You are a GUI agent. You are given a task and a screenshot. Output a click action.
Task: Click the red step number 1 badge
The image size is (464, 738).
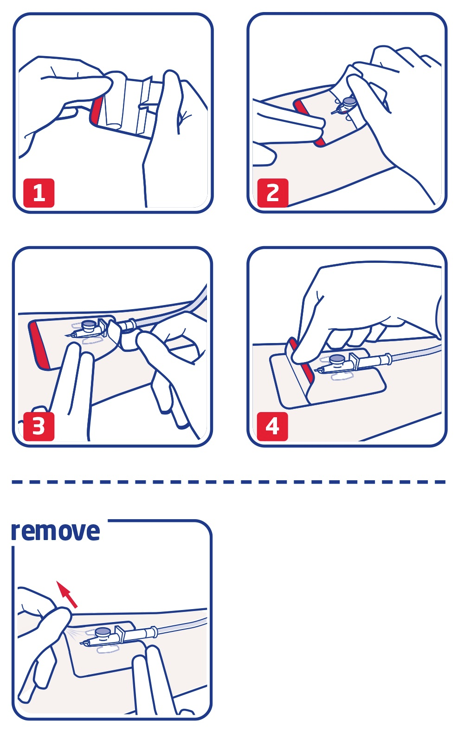pyautogui.click(x=39, y=193)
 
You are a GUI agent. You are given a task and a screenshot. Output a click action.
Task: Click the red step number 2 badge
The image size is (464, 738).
pyautogui.click(x=273, y=193)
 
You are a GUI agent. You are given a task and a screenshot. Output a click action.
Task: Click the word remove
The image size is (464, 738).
pyautogui.click(x=55, y=531)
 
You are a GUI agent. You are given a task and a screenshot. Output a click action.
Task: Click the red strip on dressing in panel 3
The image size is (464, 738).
pyautogui.click(x=37, y=344)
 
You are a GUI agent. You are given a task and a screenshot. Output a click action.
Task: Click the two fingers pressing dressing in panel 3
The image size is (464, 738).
pyautogui.click(x=77, y=385)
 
